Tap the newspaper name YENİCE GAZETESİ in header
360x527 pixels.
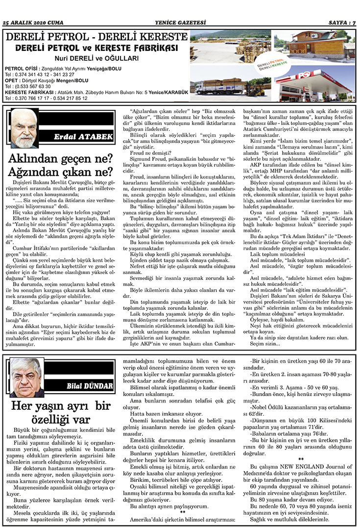pos(180,23)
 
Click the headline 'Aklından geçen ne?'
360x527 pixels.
pos(61,159)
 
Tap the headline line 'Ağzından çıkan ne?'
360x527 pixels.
pos(61,172)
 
